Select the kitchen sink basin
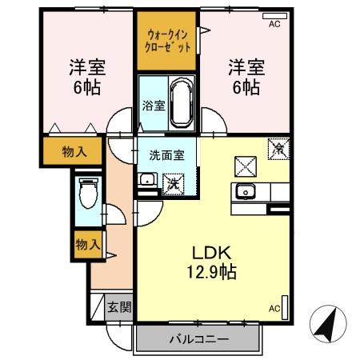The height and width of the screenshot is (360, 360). pos(243,192)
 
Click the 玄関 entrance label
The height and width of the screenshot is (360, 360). pos(119,307)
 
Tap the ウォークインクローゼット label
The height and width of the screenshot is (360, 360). pos(168,41)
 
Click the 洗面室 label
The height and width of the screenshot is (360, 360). pos(166,155)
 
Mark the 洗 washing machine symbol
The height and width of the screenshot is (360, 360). pos(173,182)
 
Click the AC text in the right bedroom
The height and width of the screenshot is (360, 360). pos(274,25)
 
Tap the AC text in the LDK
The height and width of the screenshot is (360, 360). pos(274,308)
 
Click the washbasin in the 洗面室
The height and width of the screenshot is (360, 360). pos(146,181)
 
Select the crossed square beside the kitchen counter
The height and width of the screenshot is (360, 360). pos(244,165)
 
